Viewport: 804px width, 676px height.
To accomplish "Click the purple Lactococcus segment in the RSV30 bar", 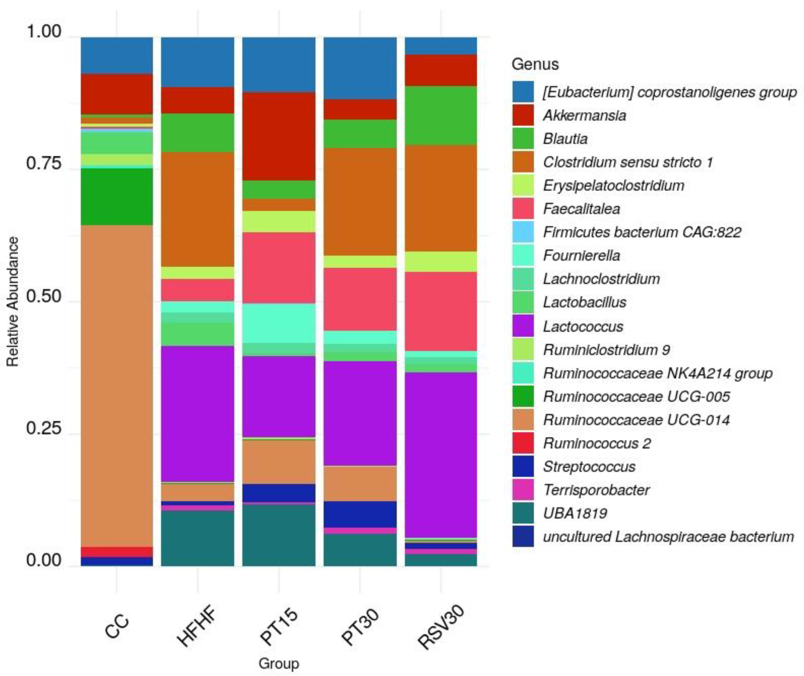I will [x=441, y=454].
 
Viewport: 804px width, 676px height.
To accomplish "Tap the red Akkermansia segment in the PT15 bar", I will [x=279, y=136].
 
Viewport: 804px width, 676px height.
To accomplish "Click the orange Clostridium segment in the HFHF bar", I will [x=197, y=209].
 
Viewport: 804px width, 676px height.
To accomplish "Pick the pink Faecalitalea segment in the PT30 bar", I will [x=360, y=299].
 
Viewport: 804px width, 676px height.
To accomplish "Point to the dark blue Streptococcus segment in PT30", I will [x=360, y=514].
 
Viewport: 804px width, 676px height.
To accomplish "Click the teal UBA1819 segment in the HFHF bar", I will [x=197, y=538].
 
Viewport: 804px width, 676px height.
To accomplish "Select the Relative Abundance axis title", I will [x=13, y=302].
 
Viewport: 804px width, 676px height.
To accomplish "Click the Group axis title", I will [x=278, y=663].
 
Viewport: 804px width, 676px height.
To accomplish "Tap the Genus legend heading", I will [x=535, y=64].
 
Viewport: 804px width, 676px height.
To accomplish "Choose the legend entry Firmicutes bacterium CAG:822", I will [x=642, y=232].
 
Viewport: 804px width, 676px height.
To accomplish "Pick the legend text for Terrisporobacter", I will [x=596, y=490].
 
